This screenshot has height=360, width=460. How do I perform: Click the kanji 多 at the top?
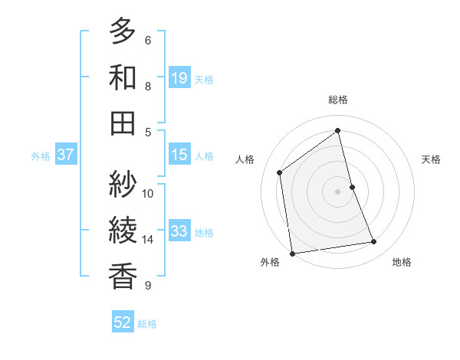point(123,32)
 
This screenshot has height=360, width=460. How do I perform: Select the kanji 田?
point(123,123)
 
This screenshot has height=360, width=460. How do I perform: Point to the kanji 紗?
point(123,184)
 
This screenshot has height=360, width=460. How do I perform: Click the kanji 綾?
point(123,229)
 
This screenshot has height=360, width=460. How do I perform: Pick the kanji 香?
point(123,274)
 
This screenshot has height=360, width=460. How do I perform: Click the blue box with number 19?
point(179,77)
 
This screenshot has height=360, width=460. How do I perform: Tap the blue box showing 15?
point(179,155)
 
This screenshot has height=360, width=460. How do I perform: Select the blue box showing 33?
point(179,231)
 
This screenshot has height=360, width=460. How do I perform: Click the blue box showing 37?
point(65,155)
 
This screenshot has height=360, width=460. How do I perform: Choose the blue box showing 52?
point(123,322)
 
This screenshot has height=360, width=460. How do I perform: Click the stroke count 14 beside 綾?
point(148,240)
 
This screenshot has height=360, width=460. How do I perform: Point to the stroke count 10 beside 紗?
point(148,193)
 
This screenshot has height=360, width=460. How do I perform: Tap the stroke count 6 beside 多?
point(148,41)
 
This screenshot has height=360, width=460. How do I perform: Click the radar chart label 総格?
point(338,100)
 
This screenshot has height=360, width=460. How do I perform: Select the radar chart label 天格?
point(431,159)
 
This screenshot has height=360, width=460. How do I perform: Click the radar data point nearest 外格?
point(292,253)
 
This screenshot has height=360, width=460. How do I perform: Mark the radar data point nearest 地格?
point(374,242)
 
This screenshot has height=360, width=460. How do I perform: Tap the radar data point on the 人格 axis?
point(280,172)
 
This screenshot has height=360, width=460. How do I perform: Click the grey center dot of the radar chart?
point(338,191)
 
